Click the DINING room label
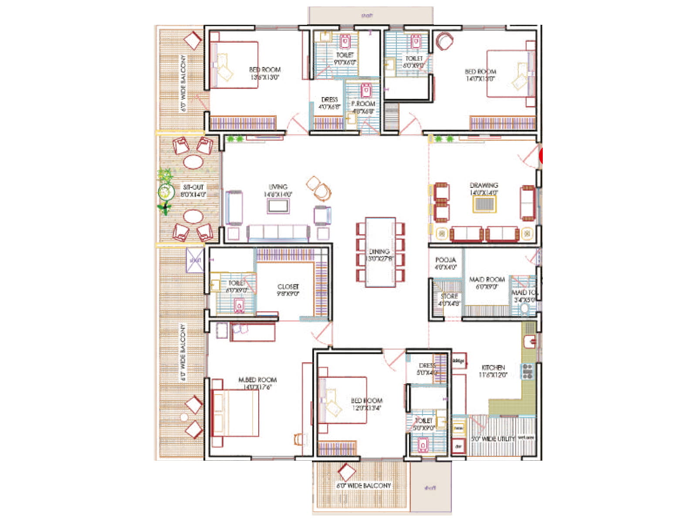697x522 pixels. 379,251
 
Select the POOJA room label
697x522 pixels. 445,260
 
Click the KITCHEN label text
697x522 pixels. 493,368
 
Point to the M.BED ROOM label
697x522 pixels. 257,380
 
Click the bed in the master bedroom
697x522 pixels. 235,413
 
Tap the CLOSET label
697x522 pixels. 288,287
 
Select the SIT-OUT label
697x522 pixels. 193,187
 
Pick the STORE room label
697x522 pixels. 449,296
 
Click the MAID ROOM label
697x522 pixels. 487,279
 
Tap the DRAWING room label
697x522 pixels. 484,185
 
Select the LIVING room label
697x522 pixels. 278,187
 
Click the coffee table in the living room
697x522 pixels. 278,206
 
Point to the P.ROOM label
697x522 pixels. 363,104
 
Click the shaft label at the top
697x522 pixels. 367,16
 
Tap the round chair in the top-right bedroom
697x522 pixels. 444,41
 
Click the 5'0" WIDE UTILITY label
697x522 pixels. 493,438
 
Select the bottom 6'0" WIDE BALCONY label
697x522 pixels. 364,485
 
